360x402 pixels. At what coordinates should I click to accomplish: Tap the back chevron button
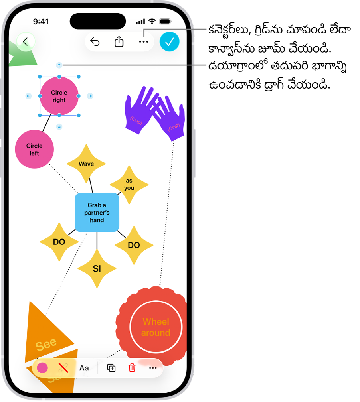click(26, 41)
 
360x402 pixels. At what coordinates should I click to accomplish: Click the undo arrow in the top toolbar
click(95, 42)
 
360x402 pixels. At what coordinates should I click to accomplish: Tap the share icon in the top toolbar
click(119, 41)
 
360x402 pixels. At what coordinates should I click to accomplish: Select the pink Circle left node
click(34, 149)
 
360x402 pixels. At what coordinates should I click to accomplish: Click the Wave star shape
click(86, 164)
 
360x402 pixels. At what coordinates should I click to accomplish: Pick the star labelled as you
click(129, 184)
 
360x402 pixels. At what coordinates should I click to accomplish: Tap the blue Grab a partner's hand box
click(97, 213)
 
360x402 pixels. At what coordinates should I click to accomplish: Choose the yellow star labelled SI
click(97, 269)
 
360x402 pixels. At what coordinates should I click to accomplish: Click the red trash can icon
click(132, 368)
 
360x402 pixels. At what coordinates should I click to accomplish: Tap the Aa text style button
click(84, 368)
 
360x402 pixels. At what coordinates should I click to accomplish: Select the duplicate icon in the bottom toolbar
click(111, 368)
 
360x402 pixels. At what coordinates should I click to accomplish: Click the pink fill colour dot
click(42, 368)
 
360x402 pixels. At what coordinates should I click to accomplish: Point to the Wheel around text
click(156, 327)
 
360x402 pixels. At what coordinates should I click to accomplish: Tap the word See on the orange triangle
click(46, 344)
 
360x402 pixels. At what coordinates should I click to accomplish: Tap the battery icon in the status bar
click(165, 22)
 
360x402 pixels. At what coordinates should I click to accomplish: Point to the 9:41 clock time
click(41, 22)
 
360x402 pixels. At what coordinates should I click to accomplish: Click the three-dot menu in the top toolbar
click(143, 42)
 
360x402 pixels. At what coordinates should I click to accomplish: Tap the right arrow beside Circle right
click(90, 96)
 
